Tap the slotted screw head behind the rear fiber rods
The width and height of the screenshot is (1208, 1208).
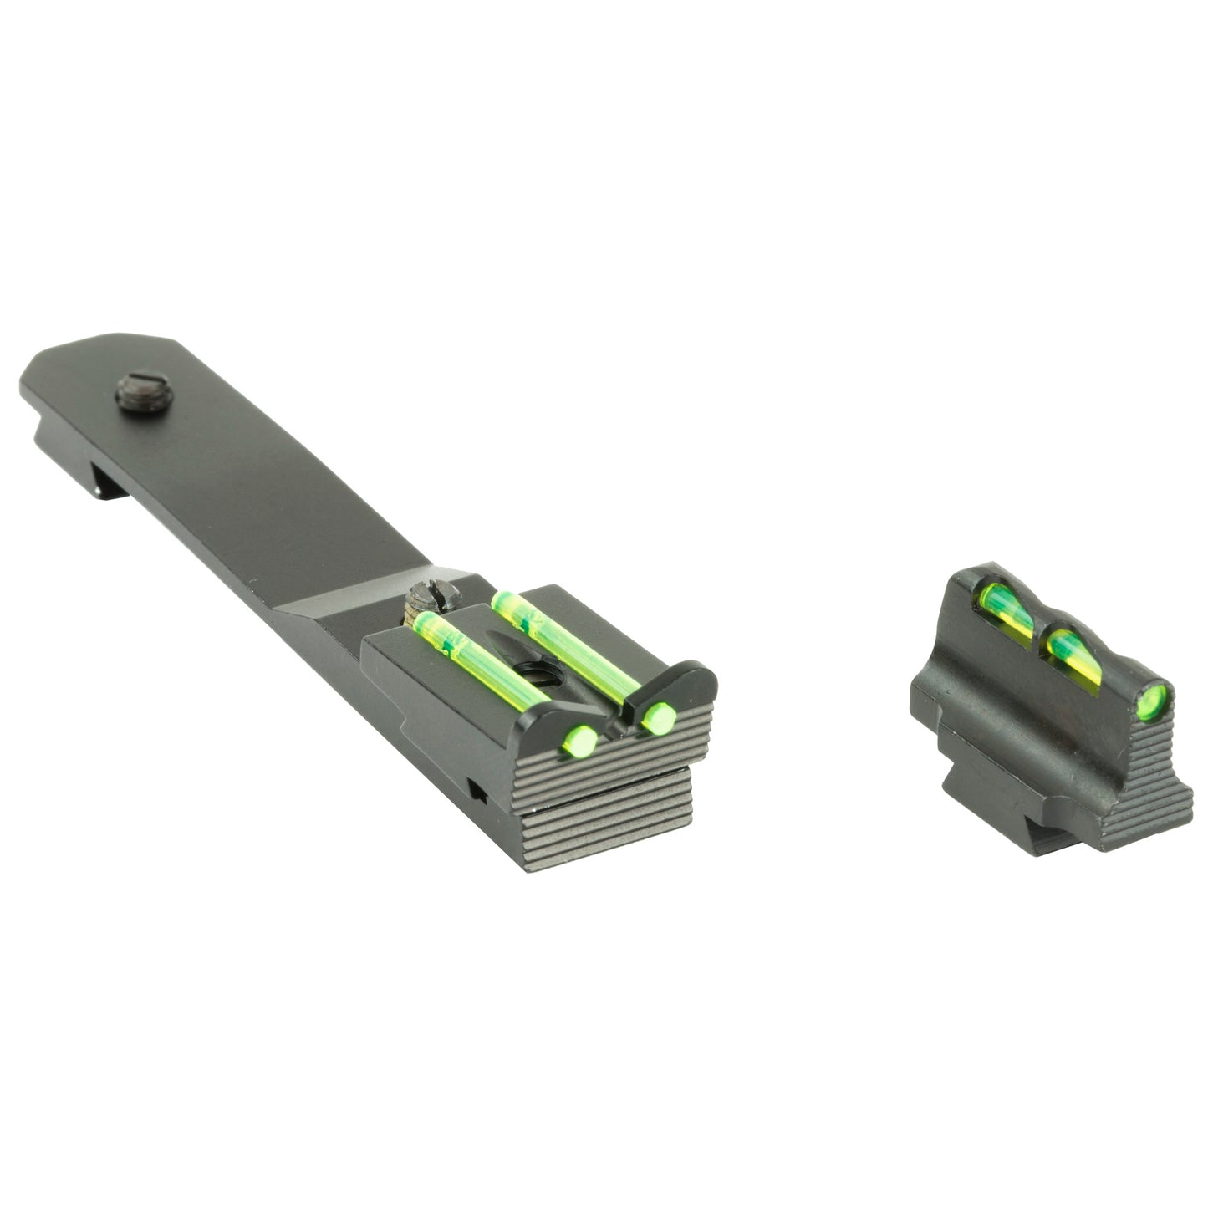(x=430, y=601)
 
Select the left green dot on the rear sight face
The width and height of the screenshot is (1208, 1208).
(x=581, y=740)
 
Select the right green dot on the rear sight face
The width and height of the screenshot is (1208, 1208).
(x=660, y=716)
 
